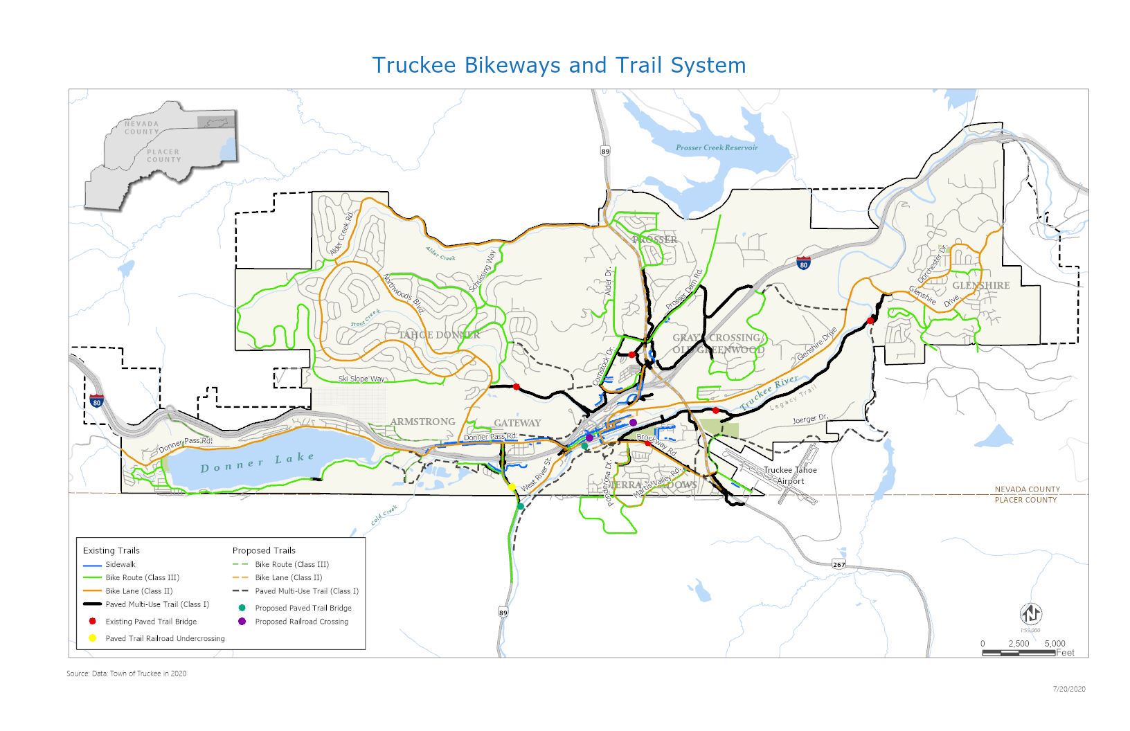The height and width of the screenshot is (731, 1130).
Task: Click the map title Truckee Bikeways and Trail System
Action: tap(559, 65)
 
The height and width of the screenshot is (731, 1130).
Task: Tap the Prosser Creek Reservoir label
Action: tap(717, 148)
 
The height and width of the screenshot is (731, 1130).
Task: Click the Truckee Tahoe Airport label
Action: tap(790, 476)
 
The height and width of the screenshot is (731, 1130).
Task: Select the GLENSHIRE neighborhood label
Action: tap(980, 285)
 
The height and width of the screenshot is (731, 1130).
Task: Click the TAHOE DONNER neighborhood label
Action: tap(438, 335)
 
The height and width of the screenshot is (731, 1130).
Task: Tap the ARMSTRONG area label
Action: tap(422, 422)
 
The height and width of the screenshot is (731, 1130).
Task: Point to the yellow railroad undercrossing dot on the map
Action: tap(512, 487)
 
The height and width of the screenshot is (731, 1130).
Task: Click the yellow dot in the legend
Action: tap(92, 638)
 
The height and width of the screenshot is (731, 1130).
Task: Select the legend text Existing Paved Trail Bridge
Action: tap(151, 622)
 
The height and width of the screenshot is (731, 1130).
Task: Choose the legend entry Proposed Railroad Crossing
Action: tap(301, 622)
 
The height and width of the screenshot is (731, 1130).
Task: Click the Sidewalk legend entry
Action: tap(120, 564)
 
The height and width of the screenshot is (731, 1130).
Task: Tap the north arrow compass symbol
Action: tap(1031, 613)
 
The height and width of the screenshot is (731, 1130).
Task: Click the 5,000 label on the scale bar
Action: tap(1055, 644)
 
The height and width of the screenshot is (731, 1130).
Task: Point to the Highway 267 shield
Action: tap(839, 564)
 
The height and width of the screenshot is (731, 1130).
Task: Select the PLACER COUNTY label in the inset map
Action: tap(163, 156)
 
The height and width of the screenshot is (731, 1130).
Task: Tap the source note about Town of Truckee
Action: tap(127, 674)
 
